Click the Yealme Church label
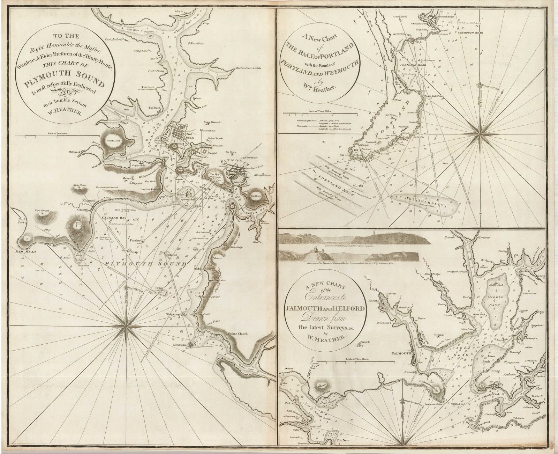click(x=239, y=334)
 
